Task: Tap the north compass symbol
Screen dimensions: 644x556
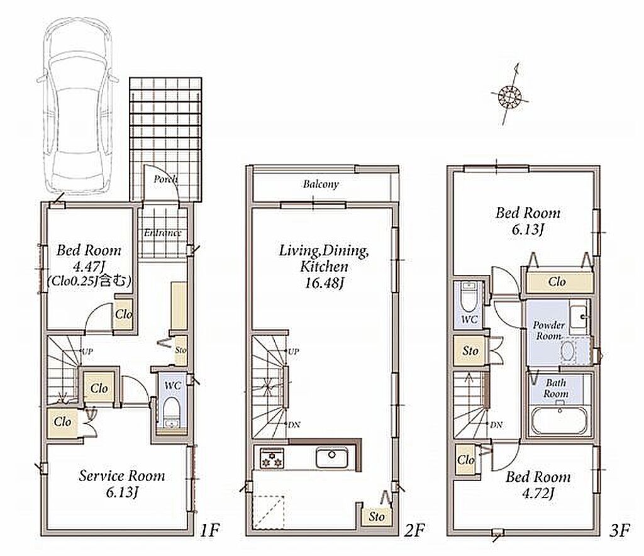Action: [x=509, y=96]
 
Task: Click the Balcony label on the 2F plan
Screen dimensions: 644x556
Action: [x=321, y=184]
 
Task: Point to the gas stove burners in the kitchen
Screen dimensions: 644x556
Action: [x=272, y=458]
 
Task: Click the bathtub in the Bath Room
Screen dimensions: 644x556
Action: [x=558, y=421]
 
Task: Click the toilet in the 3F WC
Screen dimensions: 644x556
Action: [x=468, y=296]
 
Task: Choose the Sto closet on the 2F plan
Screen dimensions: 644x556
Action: [x=376, y=515]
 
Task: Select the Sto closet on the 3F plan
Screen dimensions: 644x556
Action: [x=470, y=351]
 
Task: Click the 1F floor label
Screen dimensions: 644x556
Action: [x=209, y=530]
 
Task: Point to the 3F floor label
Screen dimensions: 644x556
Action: [x=619, y=530]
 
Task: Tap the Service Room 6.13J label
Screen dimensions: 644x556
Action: [x=121, y=483]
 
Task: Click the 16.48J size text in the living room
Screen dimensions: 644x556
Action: [x=324, y=283]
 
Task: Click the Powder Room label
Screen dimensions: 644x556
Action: [x=548, y=330]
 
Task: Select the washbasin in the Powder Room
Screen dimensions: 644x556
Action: [x=579, y=317]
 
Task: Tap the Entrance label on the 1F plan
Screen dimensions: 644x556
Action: [x=163, y=233]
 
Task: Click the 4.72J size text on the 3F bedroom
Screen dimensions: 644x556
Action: [x=538, y=492]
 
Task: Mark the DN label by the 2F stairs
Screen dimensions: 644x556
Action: [x=294, y=425]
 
